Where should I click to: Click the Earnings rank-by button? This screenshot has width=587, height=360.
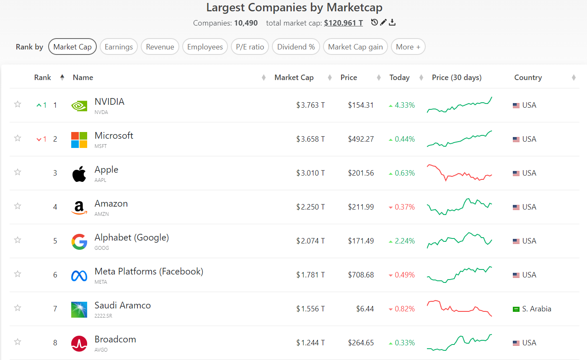click(x=119, y=47)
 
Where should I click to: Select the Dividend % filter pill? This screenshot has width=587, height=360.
click(x=296, y=47)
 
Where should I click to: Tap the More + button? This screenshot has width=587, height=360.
click(x=408, y=47)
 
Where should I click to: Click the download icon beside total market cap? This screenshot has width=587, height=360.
click(x=392, y=22)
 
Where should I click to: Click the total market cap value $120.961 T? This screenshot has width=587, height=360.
click(x=343, y=23)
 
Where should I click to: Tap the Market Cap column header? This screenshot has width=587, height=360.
click(x=294, y=78)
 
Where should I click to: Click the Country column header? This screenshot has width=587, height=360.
click(x=528, y=78)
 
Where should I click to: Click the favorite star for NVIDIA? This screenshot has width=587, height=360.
click(x=18, y=104)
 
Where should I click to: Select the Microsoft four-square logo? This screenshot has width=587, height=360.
click(x=79, y=140)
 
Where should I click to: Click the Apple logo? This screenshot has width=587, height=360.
click(x=79, y=174)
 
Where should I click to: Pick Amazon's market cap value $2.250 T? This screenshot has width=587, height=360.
click(x=310, y=207)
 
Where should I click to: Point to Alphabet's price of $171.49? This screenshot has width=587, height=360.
click(x=361, y=241)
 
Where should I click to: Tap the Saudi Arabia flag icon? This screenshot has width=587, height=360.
click(x=516, y=309)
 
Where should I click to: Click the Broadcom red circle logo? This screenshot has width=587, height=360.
click(x=79, y=344)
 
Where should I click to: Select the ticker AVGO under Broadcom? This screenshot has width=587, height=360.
click(x=101, y=350)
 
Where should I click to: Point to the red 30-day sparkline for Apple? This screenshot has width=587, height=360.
click(x=459, y=173)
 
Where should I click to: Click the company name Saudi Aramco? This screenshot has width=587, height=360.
click(x=122, y=305)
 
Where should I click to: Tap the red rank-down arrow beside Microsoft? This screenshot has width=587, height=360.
click(x=39, y=139)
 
